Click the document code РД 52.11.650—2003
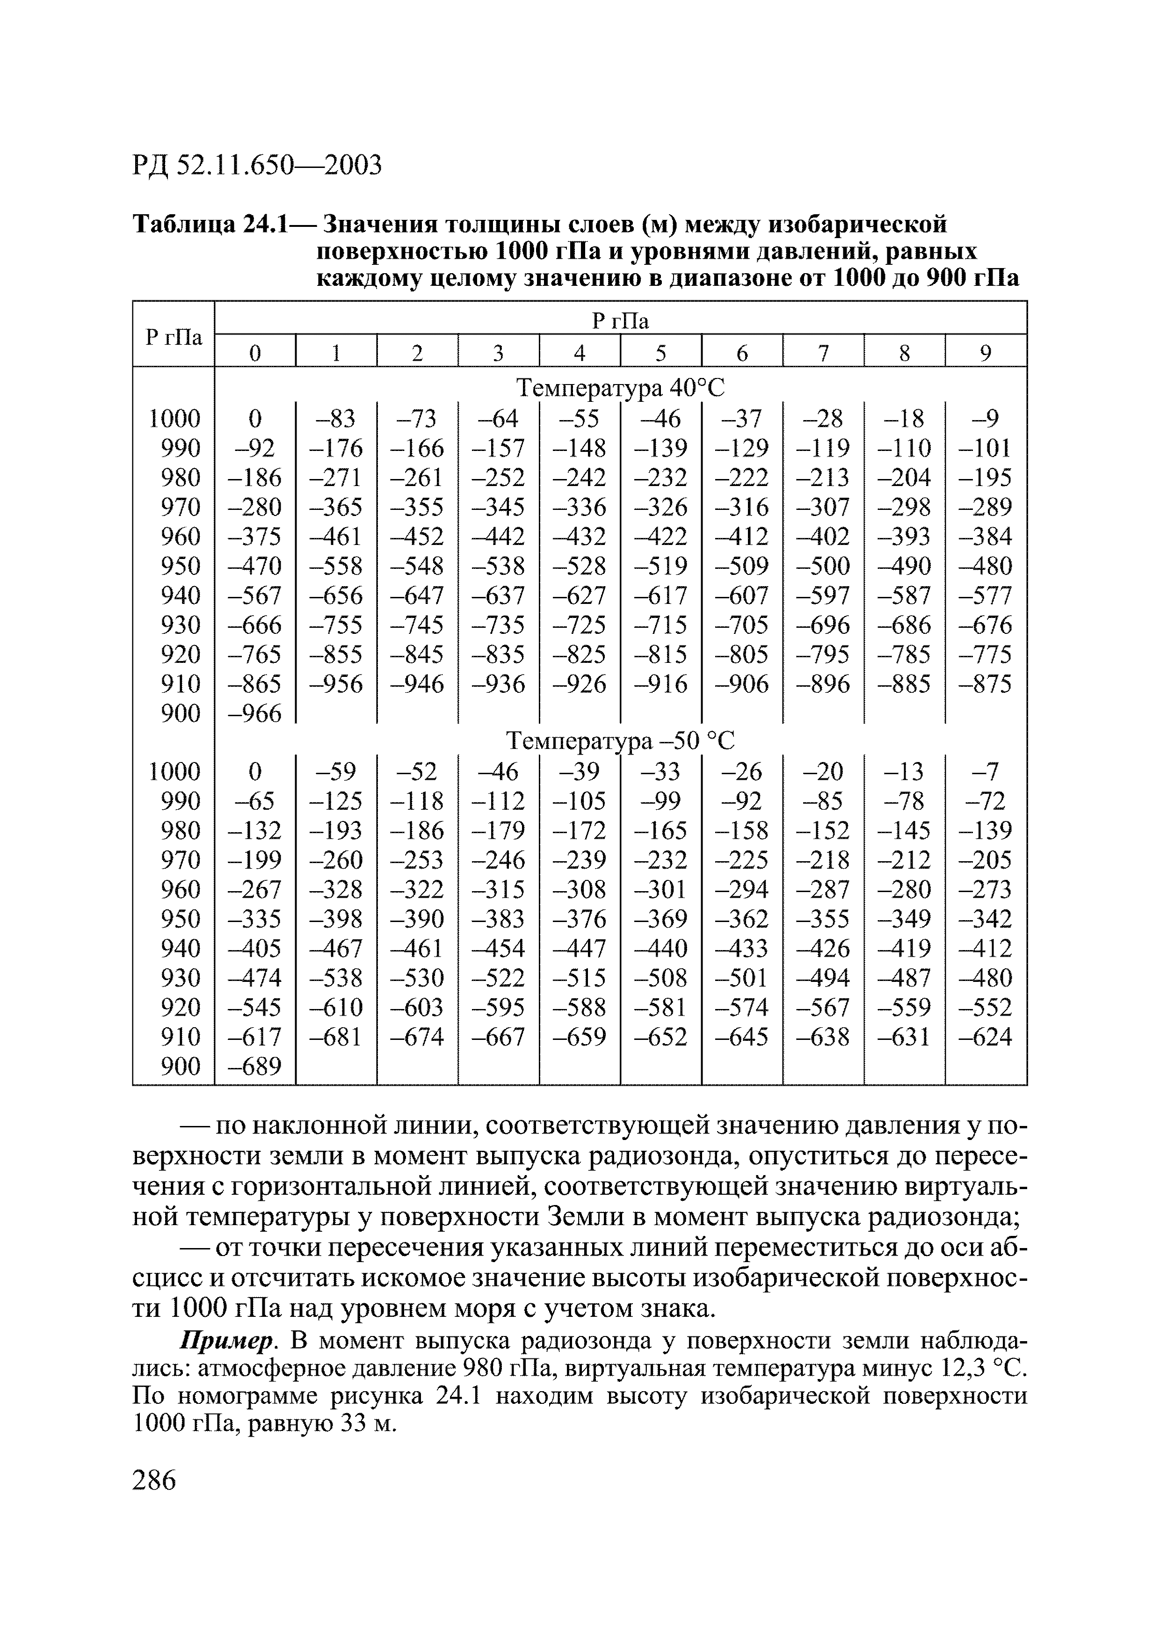click(257, 165)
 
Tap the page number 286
click(154, 1479)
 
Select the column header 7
click(823, 352)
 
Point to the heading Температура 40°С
click(620, 388)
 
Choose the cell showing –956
click(336, 684)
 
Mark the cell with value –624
click(986, 1036)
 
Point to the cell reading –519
click(661, 566)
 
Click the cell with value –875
click(986, 684)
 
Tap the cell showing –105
click(580, 800)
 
